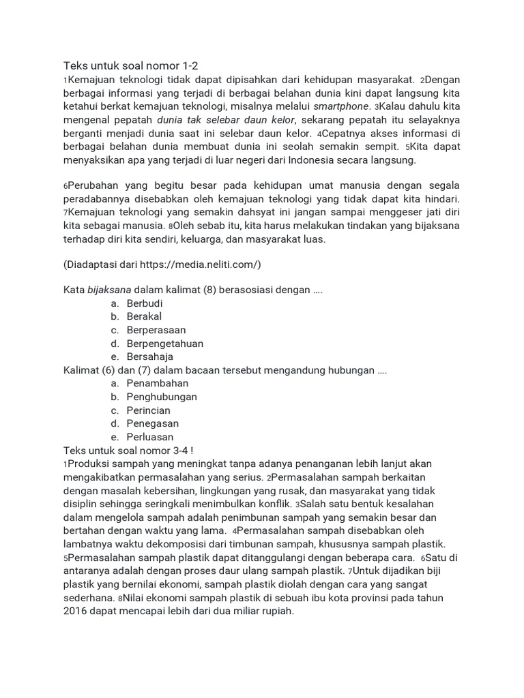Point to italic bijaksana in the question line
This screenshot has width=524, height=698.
(109, 290)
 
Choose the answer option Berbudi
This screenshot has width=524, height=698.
(145, 303)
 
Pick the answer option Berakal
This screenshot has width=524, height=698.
(144, 316)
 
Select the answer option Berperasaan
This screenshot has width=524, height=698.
(156, 330)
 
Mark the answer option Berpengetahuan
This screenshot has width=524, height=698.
(164, 344)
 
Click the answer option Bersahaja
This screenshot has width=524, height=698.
(149, 356)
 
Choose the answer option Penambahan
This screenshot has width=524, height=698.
(157, 383)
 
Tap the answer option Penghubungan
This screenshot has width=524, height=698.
(162, 397)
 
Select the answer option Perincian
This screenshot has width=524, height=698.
(148, 410)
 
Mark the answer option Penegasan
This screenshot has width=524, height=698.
(152, 423)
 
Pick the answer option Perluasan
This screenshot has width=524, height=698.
(149, 437)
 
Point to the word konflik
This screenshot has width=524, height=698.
(272, 504)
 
